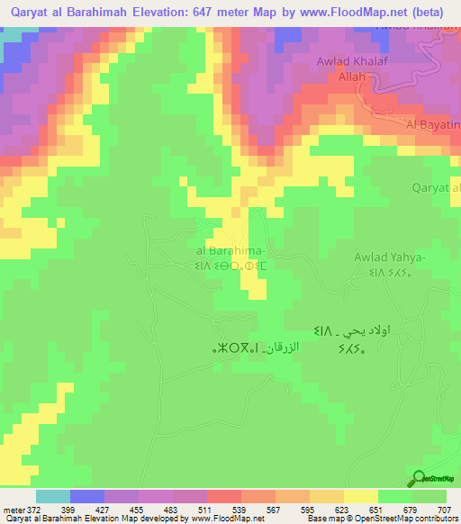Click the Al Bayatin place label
(433, 125)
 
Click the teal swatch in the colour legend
(53, 496)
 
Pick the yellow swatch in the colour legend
(361, 496)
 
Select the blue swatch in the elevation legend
(87, 496)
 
